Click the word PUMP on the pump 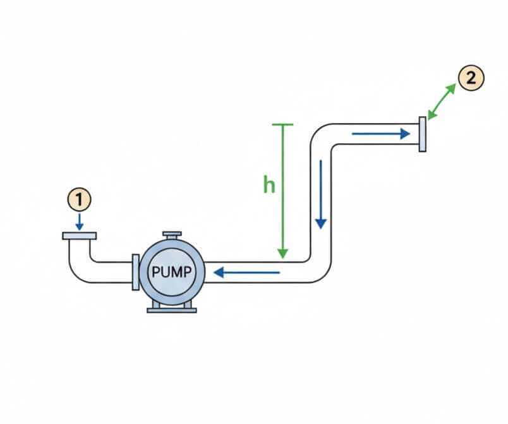(x=171, y=273)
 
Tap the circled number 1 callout (x=79, y=199)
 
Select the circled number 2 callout (x=471, y=79)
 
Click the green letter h (x=270, y=185)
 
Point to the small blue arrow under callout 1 (x=79, y=221)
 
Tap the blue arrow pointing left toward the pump (x=246, y=273)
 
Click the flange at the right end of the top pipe (x=422, y=134)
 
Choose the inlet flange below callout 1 (x=79, y=236)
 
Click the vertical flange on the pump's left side (x=135, y=273)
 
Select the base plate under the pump (x=171, y=310)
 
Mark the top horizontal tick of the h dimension (x=282, y=125)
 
